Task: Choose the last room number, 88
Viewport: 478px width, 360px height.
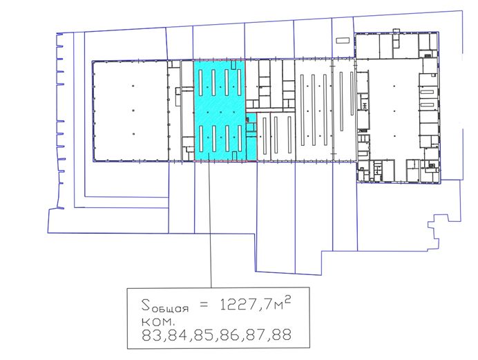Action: [283, 334]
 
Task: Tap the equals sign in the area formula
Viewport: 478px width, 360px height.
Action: [204, 305]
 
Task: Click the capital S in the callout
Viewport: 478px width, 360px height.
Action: [146, 304]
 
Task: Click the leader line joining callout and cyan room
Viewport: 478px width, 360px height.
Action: [209, 220]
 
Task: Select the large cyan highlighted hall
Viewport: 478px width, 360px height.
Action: [220, 110]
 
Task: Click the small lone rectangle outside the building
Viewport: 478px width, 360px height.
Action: [343, 40]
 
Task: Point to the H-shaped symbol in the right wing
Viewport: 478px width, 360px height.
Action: [365, 106]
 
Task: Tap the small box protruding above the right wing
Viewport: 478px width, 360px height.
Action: [396, 31]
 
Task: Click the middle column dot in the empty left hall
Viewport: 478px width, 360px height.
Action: [133, 111]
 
